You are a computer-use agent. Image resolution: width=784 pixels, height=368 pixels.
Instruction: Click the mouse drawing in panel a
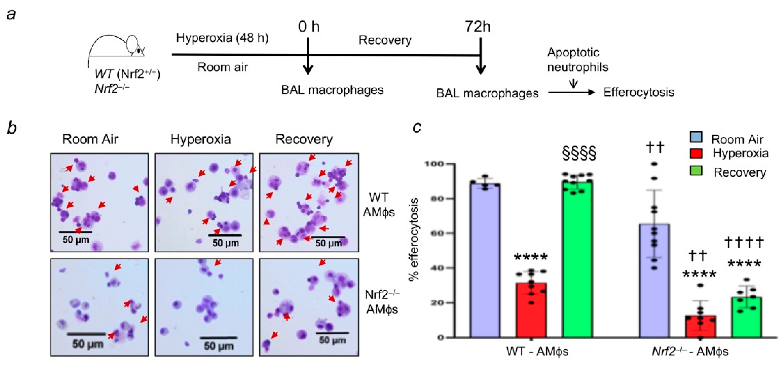click(117, 47)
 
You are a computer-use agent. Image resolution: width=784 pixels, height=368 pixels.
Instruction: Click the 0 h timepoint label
click(309, 26)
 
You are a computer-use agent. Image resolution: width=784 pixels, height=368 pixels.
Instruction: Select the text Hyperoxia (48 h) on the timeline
click(222, 38)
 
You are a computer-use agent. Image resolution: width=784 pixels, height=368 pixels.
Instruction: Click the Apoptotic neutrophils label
click(577, 60)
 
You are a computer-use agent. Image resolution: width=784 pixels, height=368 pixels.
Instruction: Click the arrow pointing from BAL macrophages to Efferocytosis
click(571, 93)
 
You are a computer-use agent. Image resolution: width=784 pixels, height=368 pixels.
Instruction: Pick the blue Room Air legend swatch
click(696, 137)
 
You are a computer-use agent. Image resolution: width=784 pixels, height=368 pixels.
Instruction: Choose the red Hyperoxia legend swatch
click(696, 153)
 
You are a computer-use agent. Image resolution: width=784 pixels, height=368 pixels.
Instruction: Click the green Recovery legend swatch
click(696, 171)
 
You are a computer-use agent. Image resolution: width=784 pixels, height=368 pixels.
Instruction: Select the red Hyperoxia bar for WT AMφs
click(531, 310)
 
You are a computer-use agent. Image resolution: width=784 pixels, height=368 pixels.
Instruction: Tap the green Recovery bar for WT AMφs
click(577, 259)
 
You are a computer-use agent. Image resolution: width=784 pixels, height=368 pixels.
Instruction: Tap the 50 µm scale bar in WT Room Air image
click(75, 232)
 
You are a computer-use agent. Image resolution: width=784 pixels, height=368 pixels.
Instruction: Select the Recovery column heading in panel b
click(304, 139)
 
